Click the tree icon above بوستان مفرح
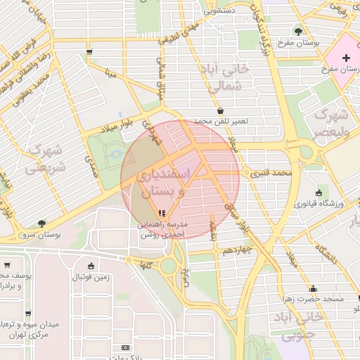299,32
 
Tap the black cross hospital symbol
345,57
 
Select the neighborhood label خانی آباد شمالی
226,78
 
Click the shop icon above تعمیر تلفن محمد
221,110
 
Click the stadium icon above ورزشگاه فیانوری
320,193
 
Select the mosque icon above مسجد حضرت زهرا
313,288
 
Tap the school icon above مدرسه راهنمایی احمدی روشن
162,212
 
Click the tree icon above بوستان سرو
41,223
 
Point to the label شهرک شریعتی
45,160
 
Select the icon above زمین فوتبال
91,266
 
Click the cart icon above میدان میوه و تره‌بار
29,314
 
